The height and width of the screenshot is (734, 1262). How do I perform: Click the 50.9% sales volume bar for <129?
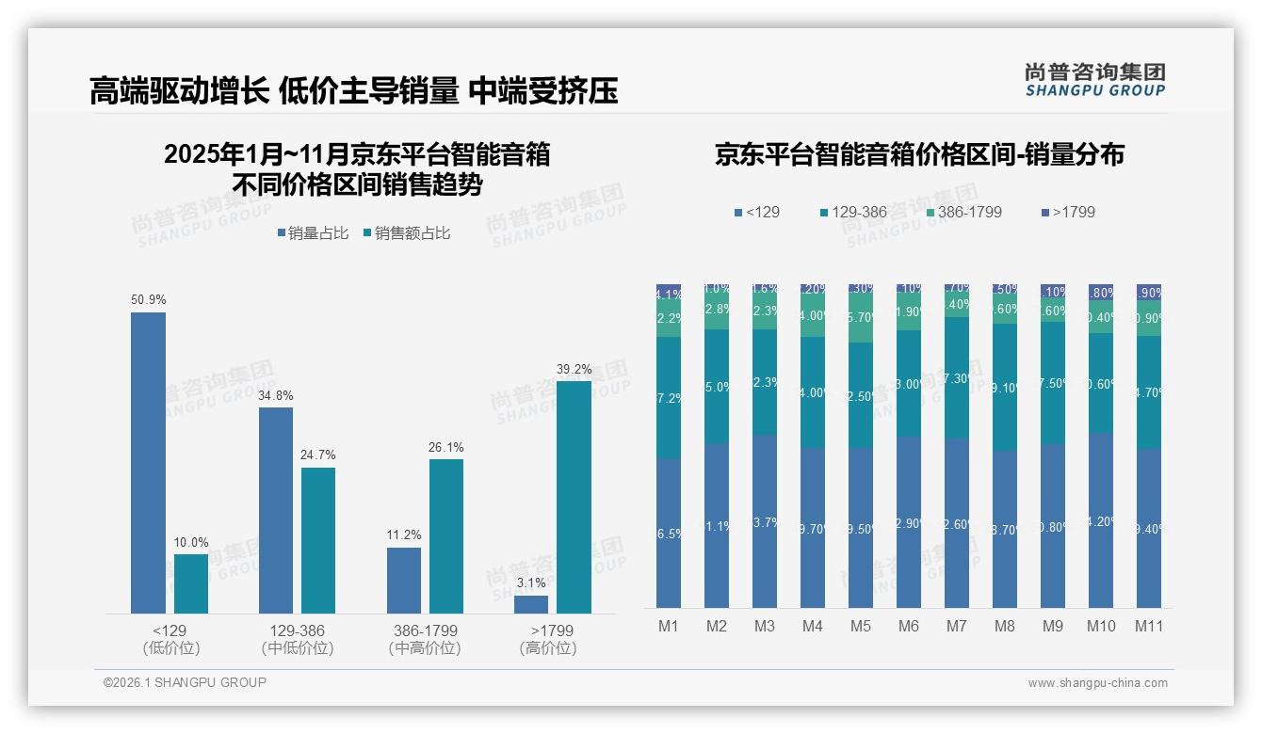coord(148,463)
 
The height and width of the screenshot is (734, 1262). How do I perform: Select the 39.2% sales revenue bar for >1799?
coord(574,497)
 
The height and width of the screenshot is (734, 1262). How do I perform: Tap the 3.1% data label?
coord(531,582)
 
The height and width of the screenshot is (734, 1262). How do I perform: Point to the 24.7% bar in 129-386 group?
coord(318,540)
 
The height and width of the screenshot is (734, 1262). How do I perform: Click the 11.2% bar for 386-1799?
coord(403,580)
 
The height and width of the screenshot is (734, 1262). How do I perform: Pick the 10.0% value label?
coord(191,542)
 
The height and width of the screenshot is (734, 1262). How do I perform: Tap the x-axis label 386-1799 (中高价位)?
coord(424,639)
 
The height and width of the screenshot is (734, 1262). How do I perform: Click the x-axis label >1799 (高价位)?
coord(552,639)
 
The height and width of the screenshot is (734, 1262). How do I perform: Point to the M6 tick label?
coord(909,626)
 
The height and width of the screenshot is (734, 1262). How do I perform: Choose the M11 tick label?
coord(1148,626)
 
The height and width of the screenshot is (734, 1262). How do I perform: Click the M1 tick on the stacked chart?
coord(669,626)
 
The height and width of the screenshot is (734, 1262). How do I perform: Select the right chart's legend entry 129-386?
coord(853,212)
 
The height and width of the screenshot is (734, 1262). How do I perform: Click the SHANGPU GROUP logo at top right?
coord(1094,79)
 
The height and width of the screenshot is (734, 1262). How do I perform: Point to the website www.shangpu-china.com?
coord(1097,683)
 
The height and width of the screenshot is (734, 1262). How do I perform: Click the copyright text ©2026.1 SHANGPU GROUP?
coord(185,682)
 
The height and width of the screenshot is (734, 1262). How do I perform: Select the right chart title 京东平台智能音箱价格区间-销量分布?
coord(918,154)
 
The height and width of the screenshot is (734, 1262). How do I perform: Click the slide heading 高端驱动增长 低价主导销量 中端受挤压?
coord(353,91)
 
